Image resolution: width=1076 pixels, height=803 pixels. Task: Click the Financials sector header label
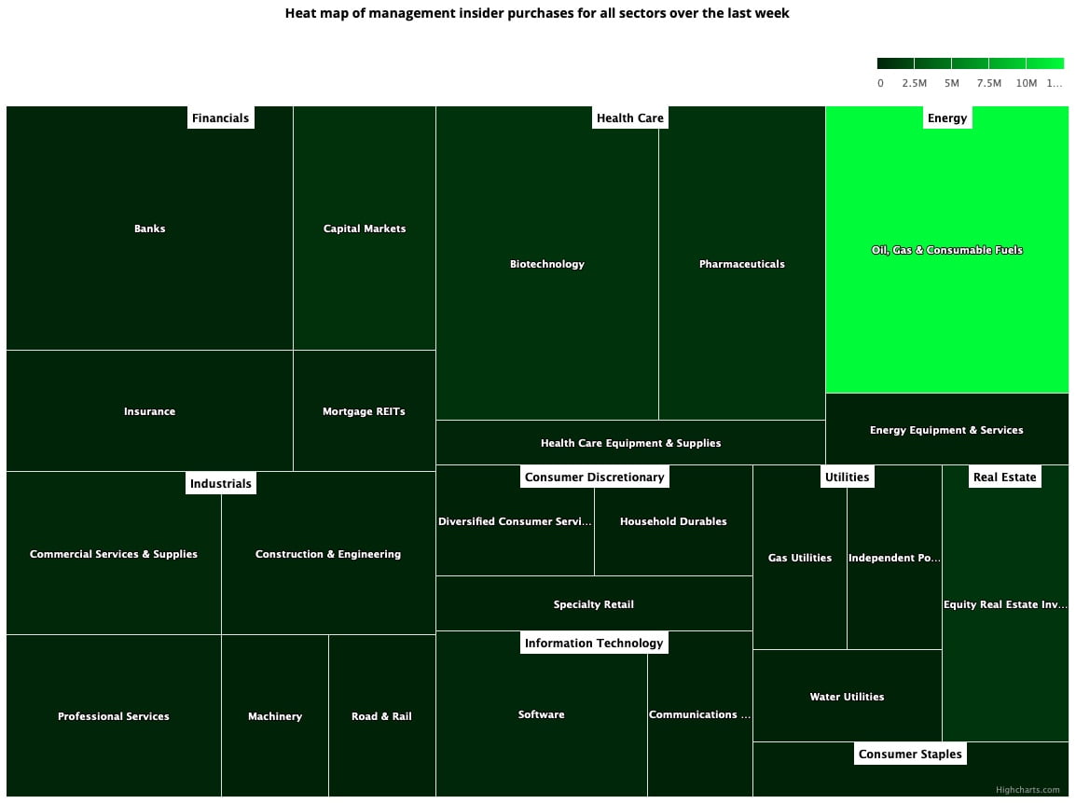(220, 118)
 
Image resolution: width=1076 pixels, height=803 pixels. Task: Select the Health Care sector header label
(629, 118)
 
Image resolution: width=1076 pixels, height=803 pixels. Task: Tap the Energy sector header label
(946, 118)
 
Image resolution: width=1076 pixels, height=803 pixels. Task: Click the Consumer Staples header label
(909, 755)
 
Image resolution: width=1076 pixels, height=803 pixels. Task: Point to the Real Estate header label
(1004, 477)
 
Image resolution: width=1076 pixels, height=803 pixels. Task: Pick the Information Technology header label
(593, 643)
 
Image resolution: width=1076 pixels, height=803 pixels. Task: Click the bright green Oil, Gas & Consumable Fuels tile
(946, 250)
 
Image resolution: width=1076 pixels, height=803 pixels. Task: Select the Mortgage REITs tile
(364, 411)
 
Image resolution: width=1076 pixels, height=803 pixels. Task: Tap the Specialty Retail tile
(593, 604)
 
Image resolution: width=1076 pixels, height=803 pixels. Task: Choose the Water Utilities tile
(847, 697)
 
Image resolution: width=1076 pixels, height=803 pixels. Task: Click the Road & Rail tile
(381, 716)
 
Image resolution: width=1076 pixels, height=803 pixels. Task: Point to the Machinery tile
(275, 716)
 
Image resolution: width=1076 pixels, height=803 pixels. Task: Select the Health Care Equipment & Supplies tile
(630, 443)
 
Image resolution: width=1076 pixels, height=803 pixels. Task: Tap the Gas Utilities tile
(799, 558)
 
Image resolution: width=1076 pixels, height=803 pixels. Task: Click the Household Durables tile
(672, 521)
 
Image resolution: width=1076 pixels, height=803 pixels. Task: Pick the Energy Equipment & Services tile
(946, 430)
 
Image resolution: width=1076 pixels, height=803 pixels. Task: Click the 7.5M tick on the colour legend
(988, 83)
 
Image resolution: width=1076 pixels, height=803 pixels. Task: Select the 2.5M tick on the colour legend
(914, 83)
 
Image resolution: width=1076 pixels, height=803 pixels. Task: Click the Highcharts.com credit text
(1028, 790)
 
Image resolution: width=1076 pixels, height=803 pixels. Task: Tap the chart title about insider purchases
(537, 14)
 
